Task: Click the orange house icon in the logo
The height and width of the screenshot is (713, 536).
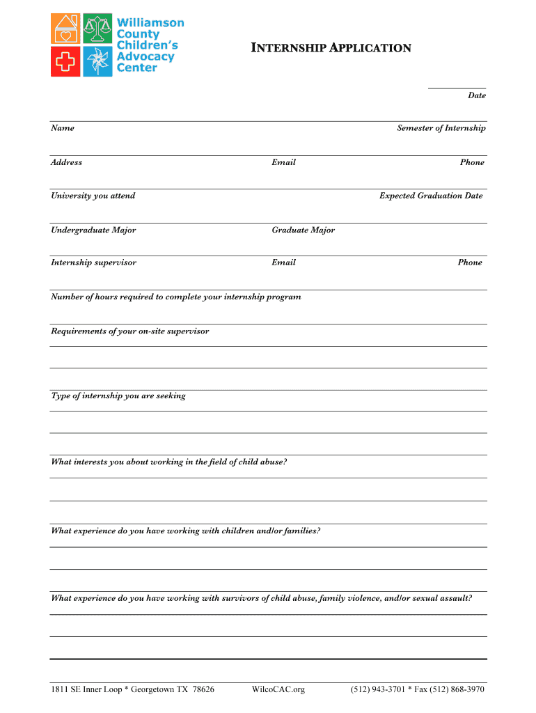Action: (66, 29)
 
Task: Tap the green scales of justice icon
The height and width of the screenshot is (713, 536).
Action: (98, 29)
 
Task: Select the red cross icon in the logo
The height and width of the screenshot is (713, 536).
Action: (66, 61)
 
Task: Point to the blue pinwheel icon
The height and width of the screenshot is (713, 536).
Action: (98, 61)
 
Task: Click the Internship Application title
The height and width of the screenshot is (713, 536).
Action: (331, 48)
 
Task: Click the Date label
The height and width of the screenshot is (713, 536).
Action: (476, 95)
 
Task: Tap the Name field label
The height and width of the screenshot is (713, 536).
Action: (63, 128)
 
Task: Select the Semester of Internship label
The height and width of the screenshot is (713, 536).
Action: (441, 128)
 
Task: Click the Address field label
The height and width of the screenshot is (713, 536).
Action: (66, 162)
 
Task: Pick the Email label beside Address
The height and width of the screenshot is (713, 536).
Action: (283, 162)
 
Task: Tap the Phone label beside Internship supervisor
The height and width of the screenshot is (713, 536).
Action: (469, 263)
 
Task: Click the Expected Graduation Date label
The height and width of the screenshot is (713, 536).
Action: (430, 196)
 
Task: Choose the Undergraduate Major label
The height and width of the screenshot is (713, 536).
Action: (93, 230)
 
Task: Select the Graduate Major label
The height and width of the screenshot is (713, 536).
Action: (303, 230)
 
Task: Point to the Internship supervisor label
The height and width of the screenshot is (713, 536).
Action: (93, 263)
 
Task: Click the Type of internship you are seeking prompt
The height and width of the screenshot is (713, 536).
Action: (118, 395)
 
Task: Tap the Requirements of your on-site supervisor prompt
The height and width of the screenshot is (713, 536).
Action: (129, 331)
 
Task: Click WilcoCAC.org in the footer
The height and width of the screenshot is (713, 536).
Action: (278, 689)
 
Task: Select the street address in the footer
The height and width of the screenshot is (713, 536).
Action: (132, 689)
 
